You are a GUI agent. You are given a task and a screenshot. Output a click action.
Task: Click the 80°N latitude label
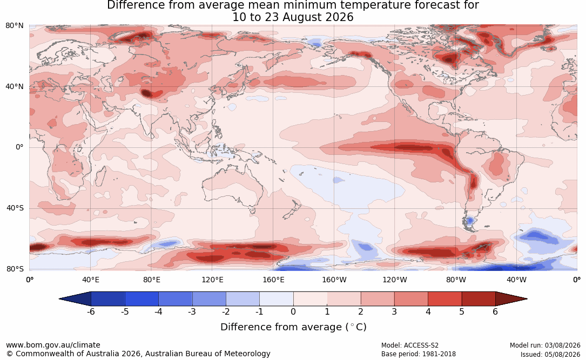14,26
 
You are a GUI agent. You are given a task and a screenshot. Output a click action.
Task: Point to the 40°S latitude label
15,208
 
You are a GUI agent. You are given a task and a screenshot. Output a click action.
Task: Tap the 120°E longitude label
212,280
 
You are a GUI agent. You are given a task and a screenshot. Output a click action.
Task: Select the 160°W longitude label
334,280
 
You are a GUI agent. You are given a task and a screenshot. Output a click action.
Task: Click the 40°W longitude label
516,280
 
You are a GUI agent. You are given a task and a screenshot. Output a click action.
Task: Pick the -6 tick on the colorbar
91,312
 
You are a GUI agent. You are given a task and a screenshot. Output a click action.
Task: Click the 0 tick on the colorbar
293,312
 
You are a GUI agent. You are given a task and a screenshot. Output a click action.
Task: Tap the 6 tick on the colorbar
495,312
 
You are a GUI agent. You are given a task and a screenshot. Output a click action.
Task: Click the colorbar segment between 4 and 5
444,299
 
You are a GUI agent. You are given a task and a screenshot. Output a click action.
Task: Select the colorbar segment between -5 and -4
142,299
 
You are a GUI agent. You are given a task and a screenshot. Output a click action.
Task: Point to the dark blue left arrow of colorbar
75,299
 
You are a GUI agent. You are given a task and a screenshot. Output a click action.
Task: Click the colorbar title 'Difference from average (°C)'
293,327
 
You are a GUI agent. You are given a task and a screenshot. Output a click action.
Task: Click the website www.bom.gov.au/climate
53,345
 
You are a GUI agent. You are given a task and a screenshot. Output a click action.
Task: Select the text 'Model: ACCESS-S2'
409,345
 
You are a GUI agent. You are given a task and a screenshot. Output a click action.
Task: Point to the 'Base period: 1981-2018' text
419,354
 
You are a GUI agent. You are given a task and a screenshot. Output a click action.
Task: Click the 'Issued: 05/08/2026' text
550,354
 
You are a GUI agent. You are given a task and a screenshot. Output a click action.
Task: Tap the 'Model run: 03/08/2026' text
545,345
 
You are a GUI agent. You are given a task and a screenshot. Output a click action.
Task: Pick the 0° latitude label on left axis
19,147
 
